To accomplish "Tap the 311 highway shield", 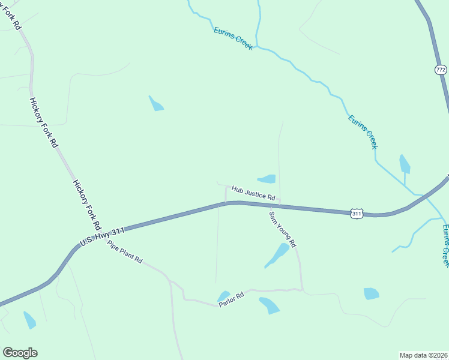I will (357, 213).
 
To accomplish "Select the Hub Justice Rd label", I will (253, 193).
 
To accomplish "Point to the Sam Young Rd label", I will (283, 229).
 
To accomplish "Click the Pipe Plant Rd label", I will (125, 252).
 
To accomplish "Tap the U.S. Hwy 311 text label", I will (101, 235).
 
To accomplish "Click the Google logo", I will (20, 353).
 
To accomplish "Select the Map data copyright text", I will (424, 355).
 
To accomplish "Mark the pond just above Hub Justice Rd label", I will (267, 179).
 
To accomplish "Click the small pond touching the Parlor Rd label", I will (223, 296).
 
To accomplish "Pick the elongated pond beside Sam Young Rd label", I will (277, 255).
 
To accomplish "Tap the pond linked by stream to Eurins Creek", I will (405, 164).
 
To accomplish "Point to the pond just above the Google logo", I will (29, 320).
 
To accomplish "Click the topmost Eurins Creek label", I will (233, 38).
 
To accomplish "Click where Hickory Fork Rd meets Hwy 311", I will (101, 232).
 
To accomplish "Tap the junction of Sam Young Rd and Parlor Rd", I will (302, 290).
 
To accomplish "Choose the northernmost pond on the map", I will (156, 104).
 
